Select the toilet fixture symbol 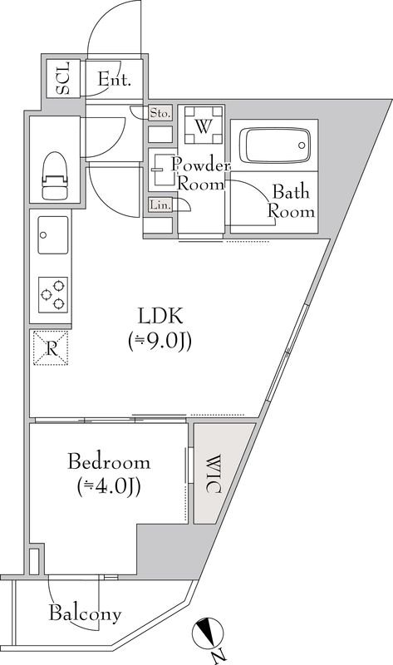55,175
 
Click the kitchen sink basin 52,235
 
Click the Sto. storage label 160,112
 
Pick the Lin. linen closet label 159,204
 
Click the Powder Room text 198,174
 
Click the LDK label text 160,316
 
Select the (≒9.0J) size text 160,341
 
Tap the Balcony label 85,615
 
